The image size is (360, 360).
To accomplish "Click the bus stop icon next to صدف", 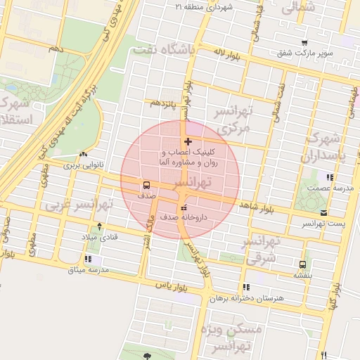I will click(146, 186).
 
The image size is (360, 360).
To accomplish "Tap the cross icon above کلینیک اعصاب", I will click(188, 142).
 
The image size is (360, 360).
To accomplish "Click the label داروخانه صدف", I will click(184, 217).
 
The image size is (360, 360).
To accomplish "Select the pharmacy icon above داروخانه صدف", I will click(184, 207).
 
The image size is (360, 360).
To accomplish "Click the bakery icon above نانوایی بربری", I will click(84, 154).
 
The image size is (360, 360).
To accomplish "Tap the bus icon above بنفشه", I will click(302, 265).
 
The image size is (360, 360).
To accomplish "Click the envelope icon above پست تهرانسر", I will click(323, 212).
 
